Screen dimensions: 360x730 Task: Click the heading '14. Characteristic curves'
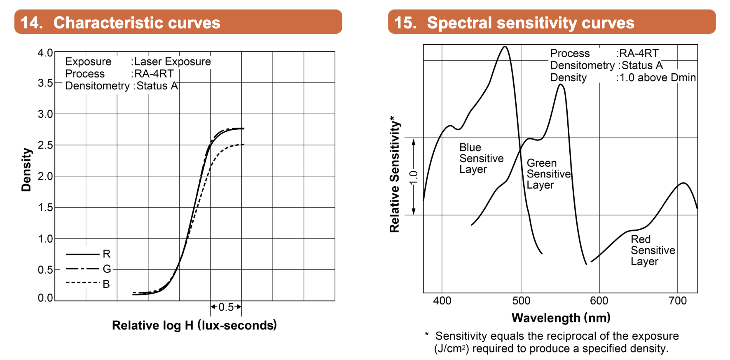[120, 23]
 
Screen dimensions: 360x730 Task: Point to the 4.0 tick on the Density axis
[45, 53]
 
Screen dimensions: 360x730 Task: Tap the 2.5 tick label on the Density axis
[45, 145]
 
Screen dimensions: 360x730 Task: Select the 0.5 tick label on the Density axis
[45, 270]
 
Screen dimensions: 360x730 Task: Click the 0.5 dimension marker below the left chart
[226, 307]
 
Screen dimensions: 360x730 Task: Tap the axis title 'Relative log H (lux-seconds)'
[194, 325]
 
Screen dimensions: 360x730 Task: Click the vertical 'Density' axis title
[26, 170]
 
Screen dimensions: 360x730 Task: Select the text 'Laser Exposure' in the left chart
[173, 62]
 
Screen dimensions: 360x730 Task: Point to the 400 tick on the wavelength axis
[442, 301]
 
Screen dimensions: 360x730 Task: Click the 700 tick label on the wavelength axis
[678, 301]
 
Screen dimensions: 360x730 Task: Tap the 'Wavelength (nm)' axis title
[561, 318]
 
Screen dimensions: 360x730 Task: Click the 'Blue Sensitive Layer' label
[481, 159]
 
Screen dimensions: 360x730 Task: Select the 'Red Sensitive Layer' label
[653, 250]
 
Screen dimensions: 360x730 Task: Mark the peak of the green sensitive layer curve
[560, 84]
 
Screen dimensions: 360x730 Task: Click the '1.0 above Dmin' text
[657, 77]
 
